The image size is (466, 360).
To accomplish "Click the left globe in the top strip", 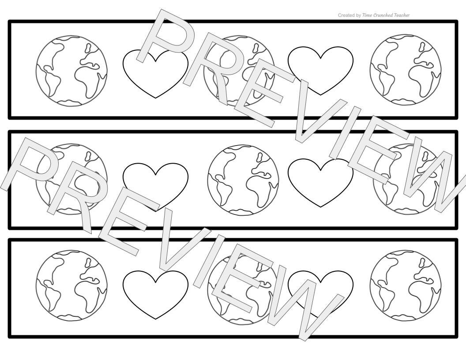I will (x=71, y=71).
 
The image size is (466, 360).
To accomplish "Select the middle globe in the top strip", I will (x=239, y=71).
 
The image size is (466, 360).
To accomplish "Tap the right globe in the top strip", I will (x=406, y=70).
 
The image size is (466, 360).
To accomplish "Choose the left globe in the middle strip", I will (x=71, y=179).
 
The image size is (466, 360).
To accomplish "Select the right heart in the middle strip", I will (x=321, y=182).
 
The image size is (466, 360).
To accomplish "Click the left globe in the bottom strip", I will (x=71, y=286).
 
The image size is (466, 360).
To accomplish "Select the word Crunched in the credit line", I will (x=383, y=15).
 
